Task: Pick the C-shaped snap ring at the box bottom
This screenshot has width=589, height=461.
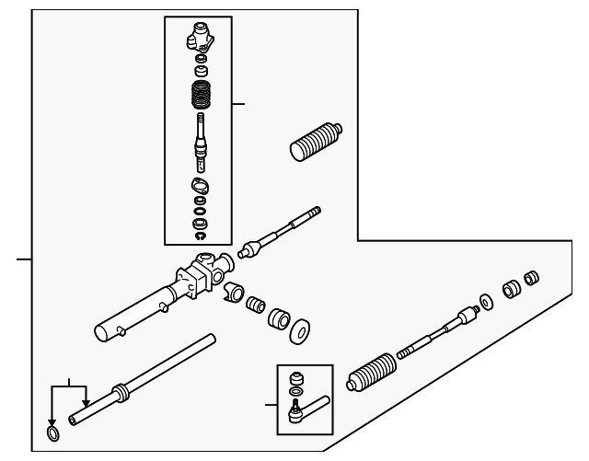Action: (x=199, y=236)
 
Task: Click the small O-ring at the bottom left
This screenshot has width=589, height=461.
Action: (x=54, y=433)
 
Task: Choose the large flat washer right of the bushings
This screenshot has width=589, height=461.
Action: (x=300, y=331)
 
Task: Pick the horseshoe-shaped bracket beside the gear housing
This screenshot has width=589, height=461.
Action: (x=233, y=293)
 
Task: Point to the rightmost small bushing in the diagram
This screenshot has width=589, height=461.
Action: (x=530, y=278)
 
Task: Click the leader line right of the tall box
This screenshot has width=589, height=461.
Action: (x=238, y=104)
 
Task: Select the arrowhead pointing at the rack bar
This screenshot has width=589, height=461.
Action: (x=85, y=402)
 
